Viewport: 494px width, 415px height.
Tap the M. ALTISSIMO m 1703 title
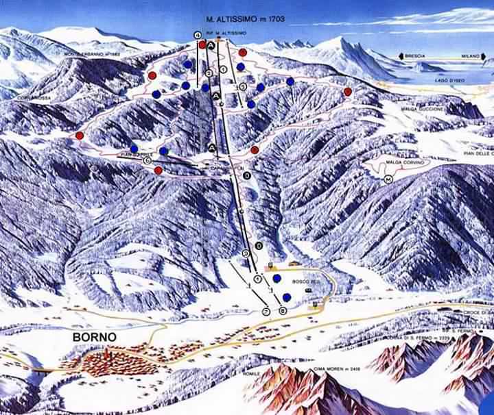click(245, 19)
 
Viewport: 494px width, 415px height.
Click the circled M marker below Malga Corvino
click(388, 179)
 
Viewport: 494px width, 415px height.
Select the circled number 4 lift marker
click(198, 35)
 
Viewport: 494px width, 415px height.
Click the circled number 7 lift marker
click(266, 312)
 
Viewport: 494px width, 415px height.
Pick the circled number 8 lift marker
click(283, 312)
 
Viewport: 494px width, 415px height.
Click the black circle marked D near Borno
click(259, 245)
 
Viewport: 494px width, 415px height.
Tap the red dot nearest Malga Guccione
click(348, 92)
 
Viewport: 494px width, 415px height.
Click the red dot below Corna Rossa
click(80, 136)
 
